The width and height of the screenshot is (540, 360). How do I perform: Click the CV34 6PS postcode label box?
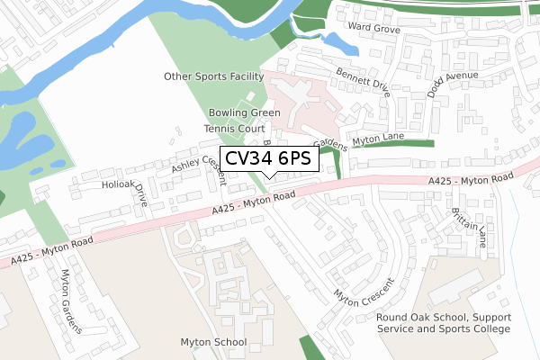[267, 157]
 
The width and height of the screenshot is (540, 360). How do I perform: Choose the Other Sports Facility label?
[213, 76]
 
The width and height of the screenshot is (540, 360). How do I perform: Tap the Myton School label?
[213, 343]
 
